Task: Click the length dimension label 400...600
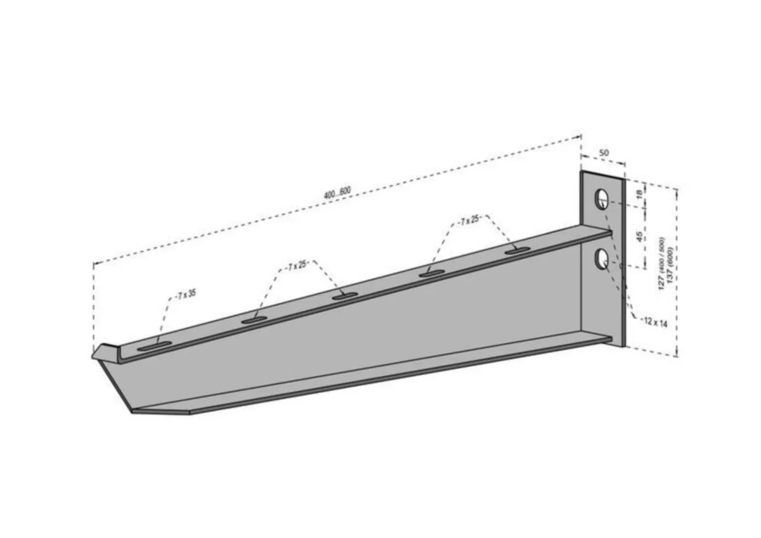[x=337, y=193]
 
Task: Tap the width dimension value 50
[x=603, y=153]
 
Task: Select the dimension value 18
[x=639, y=194]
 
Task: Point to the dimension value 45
[x=639, y=236]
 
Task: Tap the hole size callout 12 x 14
[x=656, y=323]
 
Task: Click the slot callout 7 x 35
[x=186, y=295]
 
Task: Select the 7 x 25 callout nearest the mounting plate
[x=469, y=221]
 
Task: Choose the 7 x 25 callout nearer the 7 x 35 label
[x=297, y=266]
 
